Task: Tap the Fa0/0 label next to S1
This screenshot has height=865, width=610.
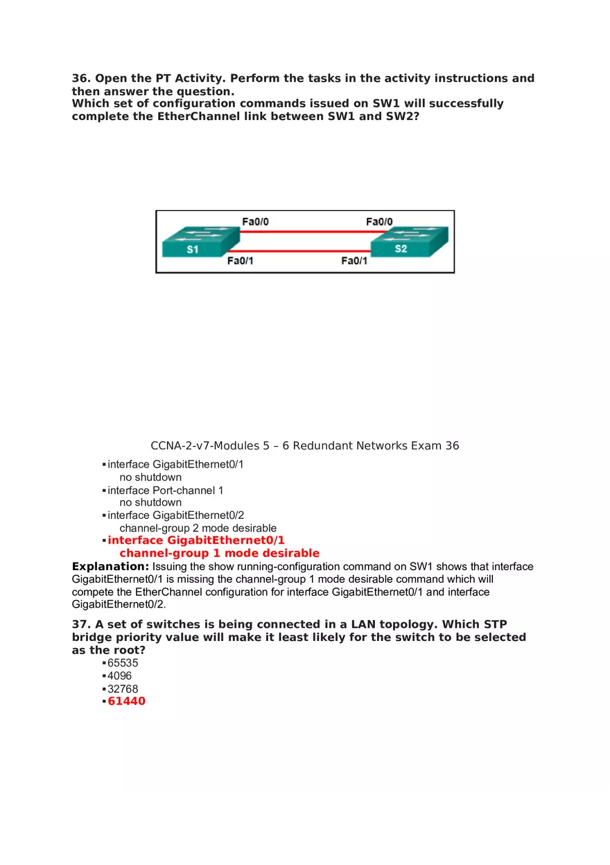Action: tap(255, 222)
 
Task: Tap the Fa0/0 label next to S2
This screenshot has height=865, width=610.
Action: tap(379, 222)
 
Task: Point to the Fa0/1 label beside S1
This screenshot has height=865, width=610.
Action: tap(240, 261)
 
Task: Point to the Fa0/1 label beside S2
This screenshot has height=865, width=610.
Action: tap(354, 261)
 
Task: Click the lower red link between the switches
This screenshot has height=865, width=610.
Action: tap(305, 251)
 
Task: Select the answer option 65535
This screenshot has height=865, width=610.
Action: tap(123, 663)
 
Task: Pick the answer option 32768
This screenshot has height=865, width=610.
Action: tap(123, 689)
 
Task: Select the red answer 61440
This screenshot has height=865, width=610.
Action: tap(126, 701)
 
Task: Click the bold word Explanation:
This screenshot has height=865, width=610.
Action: tap(110, 567)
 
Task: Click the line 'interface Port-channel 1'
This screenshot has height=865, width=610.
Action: tap(165, 490)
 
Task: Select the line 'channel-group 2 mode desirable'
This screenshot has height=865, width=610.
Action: tap(198, 528)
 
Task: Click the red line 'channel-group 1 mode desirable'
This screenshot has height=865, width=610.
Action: tap(219, 554)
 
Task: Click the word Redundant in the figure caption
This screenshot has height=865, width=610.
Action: tap(323, 445)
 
